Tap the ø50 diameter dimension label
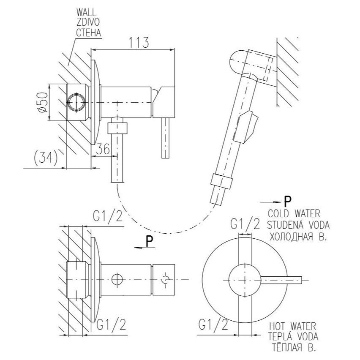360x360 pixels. tap(42, 102)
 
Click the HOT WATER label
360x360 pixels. tap(293, 326)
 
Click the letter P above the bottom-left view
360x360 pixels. tap(149, 242)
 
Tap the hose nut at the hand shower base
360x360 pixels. tap(221, 182)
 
